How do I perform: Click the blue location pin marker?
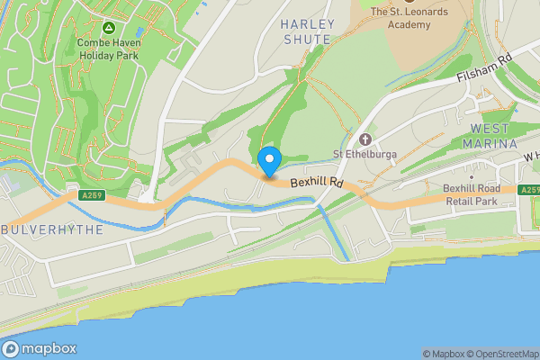[269, 162]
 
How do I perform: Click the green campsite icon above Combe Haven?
[108, 29]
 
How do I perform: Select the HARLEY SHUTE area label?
[308, 31]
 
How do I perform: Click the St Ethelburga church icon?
[365, 139]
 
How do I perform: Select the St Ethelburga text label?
[365, 154]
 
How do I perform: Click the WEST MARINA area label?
[491, 136]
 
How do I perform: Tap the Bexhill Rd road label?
[317, 183]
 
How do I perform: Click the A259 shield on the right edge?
[529, 190]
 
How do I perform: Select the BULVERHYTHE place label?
[52, 229]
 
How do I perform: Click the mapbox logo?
[39, 348]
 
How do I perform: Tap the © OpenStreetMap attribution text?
[499, 354]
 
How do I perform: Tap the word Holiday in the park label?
[98, 54]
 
